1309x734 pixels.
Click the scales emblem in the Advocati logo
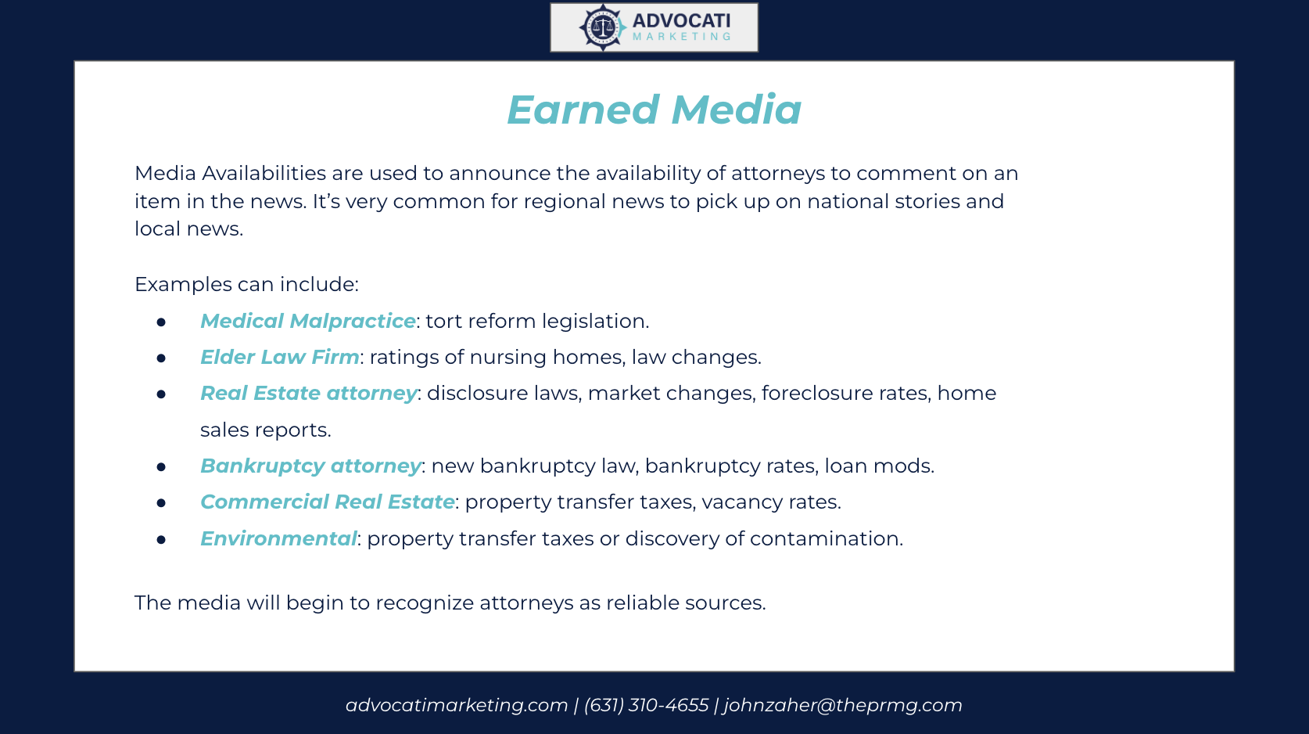(x=602, y=27)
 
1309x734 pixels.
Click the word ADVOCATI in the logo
(x=681, y=21)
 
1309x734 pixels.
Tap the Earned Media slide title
(x=654, y=110)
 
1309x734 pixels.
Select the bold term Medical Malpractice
(x=307, y=321)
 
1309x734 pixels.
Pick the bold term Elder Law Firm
(x=279, y=357)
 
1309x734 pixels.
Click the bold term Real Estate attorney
(x=309, y=393)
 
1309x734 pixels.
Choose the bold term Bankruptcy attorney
(x=310, y=466)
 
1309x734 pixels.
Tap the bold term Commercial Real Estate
(x=327, y=502)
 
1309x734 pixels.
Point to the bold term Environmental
(x=278, y=538)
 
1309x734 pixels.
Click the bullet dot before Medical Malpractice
(x=161, y=322)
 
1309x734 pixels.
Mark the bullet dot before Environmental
(x=161, y=539)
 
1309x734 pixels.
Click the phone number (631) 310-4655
(x=646, y=705)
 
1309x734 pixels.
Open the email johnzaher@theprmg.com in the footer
(x=843, y=705)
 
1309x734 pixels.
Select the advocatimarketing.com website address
(x=457, y=705)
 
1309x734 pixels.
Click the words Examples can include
(x=246, y=284)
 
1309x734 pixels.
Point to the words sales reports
(x=265, y=430)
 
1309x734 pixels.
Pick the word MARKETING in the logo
(x=681, y=36)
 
